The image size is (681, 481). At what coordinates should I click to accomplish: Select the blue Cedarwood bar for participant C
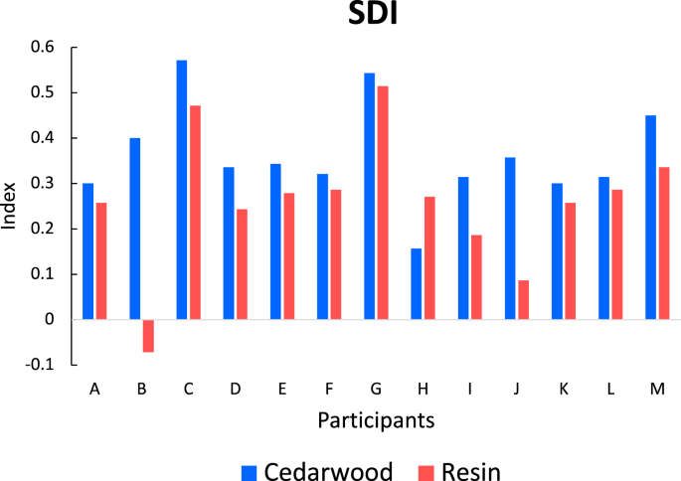[x=182, y=190]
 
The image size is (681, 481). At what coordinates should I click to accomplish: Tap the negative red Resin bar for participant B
[x=148, y=336]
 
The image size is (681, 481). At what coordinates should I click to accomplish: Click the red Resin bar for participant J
[x=524, y=300]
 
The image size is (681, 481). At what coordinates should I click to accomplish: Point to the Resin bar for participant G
[x=383, y=203]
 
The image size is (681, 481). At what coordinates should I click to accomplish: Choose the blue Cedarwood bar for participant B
[x=134, y=229]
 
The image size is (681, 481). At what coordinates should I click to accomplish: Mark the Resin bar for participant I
[x=477, y=277]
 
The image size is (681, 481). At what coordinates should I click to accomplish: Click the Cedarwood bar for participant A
[x=87, y=251]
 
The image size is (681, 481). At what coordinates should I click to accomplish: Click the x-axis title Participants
[x=376, y=421]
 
